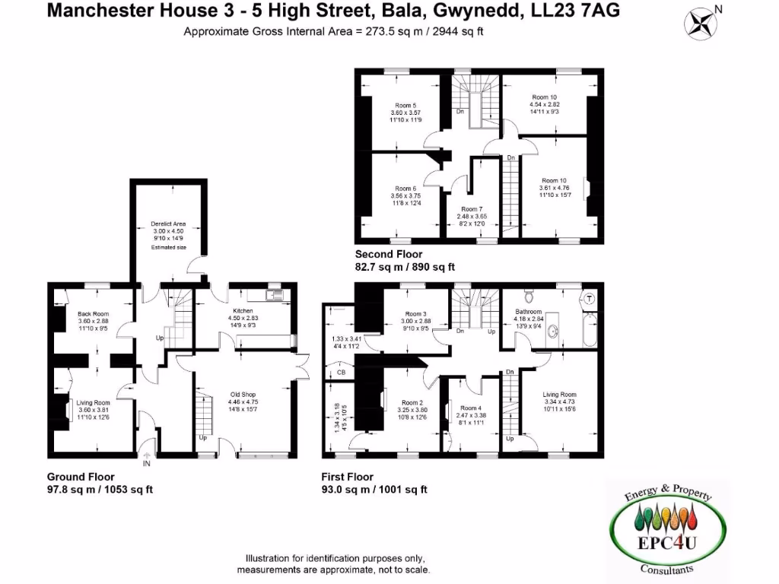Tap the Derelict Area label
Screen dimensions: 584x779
(168, 224)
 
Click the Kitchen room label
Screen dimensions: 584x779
(243, 310)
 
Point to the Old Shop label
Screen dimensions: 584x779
(244, 394)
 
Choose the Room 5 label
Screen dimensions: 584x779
(405, 105)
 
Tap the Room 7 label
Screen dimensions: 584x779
(471, 209)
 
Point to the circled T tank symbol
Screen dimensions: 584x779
(589, 300)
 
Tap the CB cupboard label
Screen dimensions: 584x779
(341, 373)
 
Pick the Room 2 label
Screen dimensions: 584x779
(412, 402)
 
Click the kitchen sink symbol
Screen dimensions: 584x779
(274, 294)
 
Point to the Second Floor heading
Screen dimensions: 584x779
(388, 254)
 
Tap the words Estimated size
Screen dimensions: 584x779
(168, 247)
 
